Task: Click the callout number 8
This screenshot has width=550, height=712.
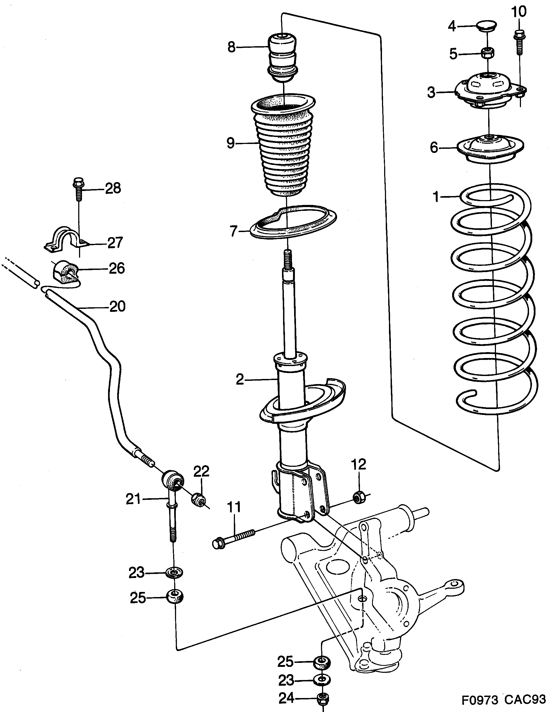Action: (x=231, y=48)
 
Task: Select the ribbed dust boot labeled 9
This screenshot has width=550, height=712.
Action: (x=283, y=147)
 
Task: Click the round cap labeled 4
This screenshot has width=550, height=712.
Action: (x=486, y=26)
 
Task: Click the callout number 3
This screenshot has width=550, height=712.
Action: (x=431, y=93)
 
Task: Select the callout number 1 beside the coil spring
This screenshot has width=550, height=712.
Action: (x=436, y=197)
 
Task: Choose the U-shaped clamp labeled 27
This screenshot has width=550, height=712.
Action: (x=65, y=241)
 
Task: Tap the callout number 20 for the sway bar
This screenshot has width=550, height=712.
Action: (x=117, y=307)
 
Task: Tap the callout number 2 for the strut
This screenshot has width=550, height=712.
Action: (x=240, y=380)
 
